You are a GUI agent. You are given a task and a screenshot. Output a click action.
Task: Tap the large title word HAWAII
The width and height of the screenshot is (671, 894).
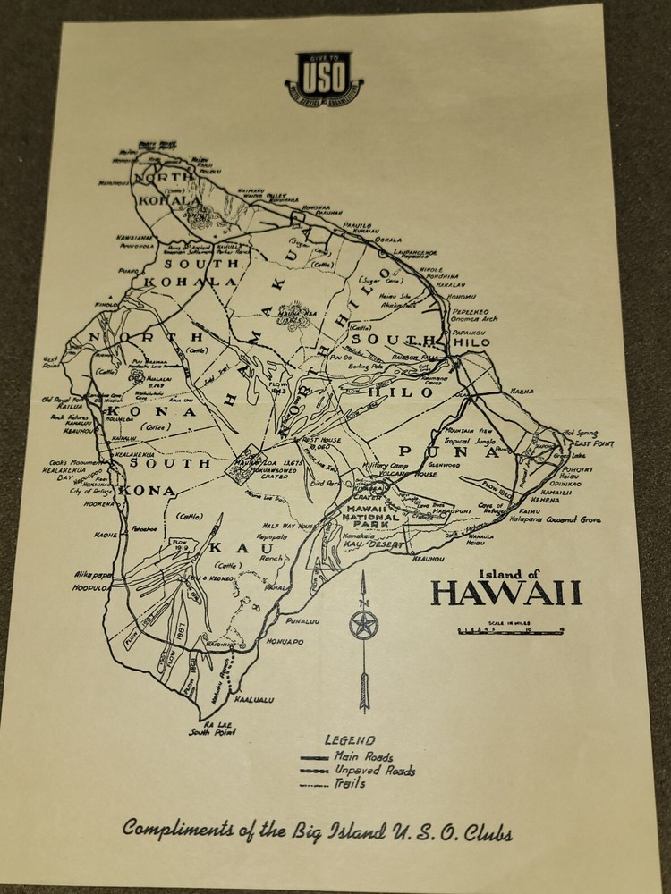click(x=505, y=593)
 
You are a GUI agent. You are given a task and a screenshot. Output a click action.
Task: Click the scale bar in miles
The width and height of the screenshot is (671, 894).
click(x=510, y=631)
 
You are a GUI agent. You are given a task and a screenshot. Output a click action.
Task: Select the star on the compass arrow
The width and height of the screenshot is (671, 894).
click(x=364, y=624)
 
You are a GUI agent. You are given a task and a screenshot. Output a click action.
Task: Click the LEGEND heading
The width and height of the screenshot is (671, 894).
click(x=351, y=740)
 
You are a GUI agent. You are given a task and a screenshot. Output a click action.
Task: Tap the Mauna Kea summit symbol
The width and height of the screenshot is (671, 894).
click(x=294, y=316)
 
